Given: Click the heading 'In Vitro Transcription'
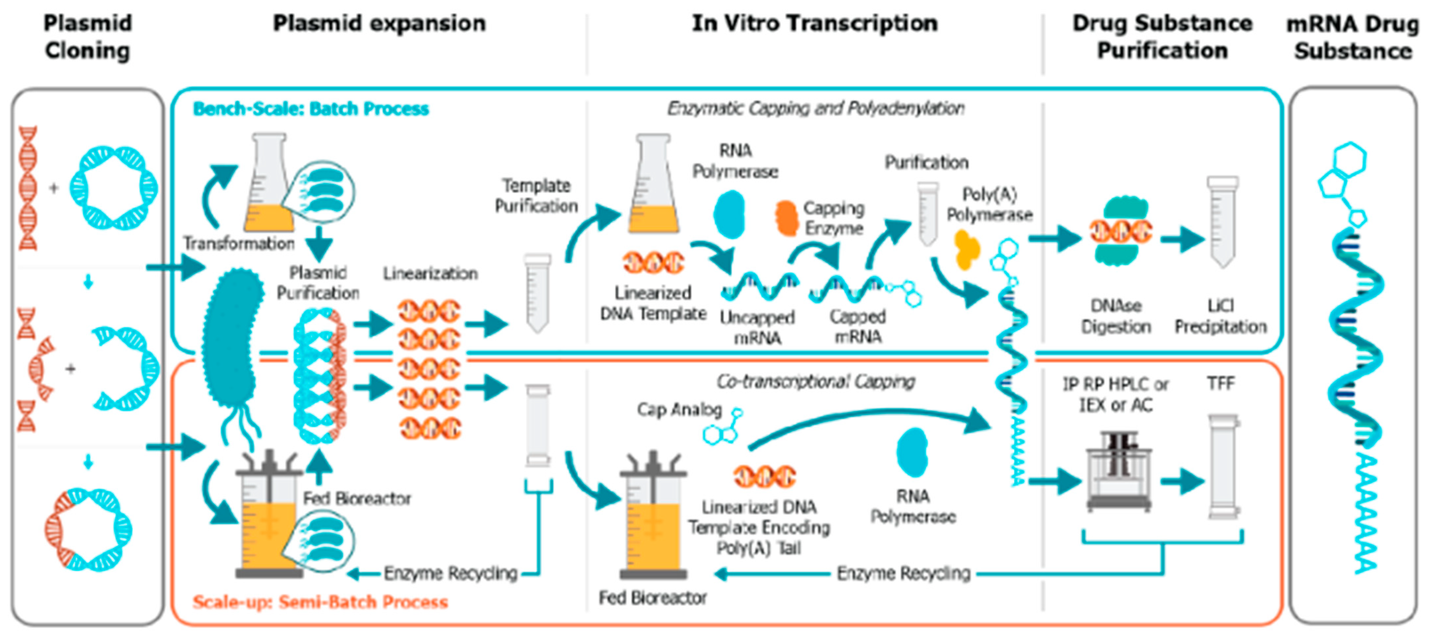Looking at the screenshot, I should (814, 23).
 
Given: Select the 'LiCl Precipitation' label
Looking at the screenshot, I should (1220, 316).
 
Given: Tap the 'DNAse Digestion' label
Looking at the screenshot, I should (1116, 316).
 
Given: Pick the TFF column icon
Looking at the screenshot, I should (1224, 466).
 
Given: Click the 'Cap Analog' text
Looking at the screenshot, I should (679, 410).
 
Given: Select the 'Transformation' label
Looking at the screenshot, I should (239, 243).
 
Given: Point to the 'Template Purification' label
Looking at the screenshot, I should (536, 196).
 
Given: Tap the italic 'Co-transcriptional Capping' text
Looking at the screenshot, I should (815, 381).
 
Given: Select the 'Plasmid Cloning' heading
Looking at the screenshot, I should (88, 37).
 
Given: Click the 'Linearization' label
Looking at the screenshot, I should (430, 273).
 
